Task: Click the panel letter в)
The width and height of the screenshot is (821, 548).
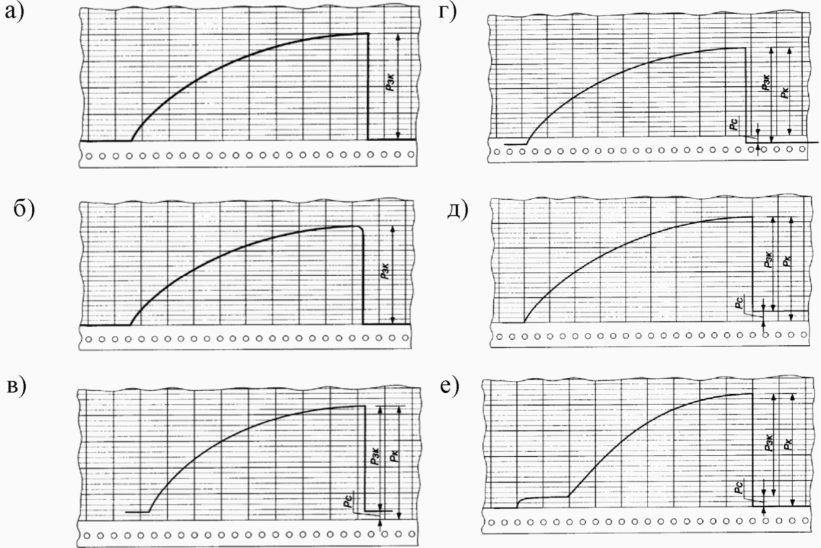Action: [x=16, y=386]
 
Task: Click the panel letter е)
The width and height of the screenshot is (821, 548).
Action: [x=450, y=386]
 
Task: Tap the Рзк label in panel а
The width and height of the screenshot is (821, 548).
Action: [x=391, y=82]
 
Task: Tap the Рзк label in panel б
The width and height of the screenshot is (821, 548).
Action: [x=385, y=271]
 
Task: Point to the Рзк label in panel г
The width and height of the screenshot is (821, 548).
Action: [x=766, y=82]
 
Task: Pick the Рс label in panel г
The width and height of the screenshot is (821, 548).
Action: [x=734, y=123]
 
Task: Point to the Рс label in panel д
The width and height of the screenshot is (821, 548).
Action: [x=740, y=302]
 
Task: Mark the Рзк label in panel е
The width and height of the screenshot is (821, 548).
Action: [x=768, y=443]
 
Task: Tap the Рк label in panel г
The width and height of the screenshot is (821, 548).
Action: [x=784, y=92]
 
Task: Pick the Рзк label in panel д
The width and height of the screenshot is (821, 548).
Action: [x=768, y=260]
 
